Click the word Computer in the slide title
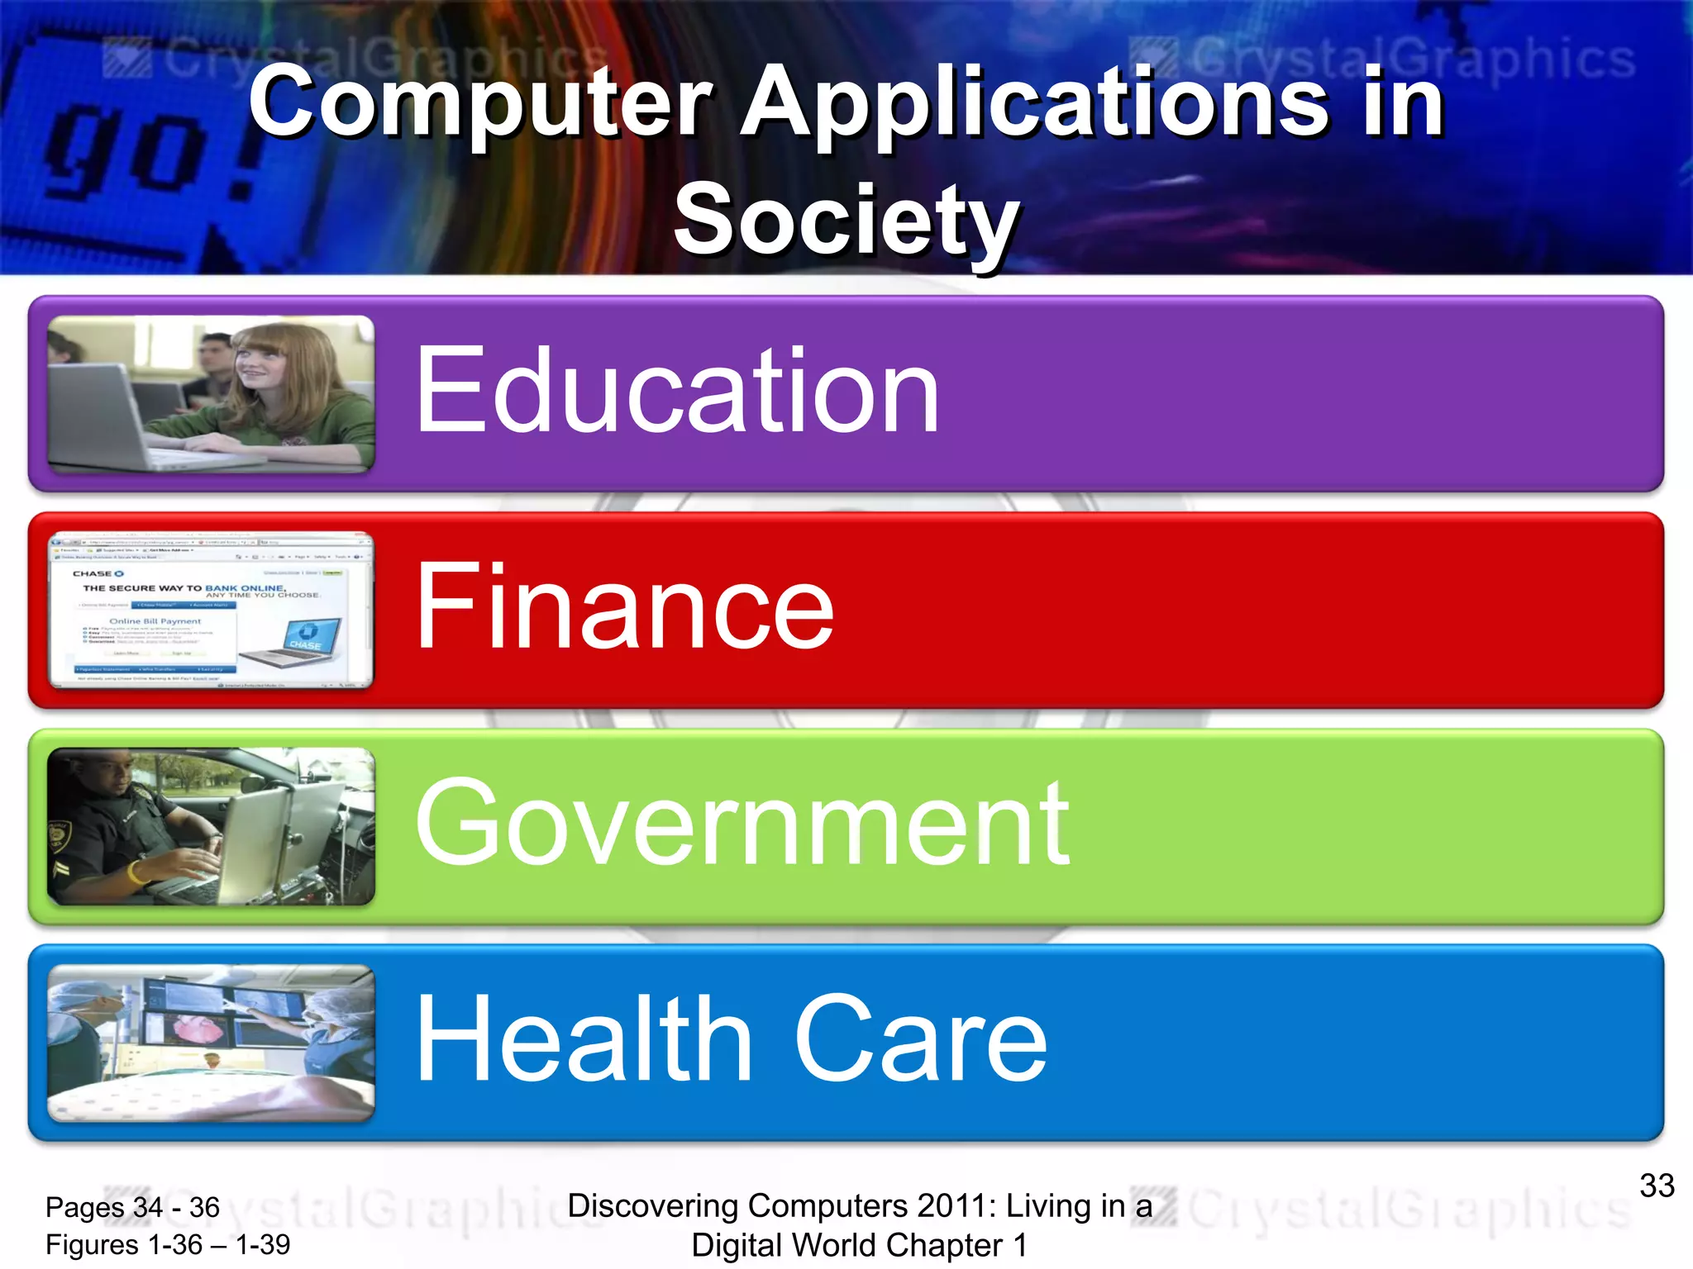click(x=480, y=103)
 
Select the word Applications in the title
click(x=1034, y=103)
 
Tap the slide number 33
click(x=1657, y=1186)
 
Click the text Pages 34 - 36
click(x=132, y=1207)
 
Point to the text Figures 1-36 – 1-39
click(x=168, y=1244)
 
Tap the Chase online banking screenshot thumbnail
click(x=211, y=610)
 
